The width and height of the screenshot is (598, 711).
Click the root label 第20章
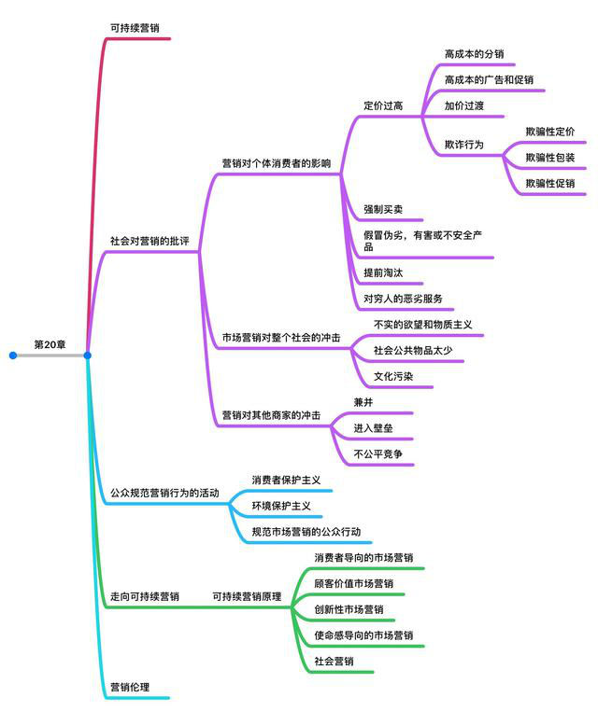tap(50, 344)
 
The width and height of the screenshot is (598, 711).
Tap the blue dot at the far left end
tap(13, 355)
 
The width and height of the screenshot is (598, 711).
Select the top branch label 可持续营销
tap(135, 28)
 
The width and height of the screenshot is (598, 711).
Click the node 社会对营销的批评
tap(149, 241)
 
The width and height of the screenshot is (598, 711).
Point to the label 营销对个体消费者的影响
tap(277, 163)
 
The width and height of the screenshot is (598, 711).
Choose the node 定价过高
tap(383, 105)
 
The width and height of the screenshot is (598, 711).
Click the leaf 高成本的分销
tap(474, 54)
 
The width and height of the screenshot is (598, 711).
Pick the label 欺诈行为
tap(464, 145)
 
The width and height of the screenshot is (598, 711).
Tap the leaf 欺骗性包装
tap(550, 158)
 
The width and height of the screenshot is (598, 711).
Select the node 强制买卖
tap(383, 209)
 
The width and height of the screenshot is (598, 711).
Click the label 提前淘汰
tap(383, 272)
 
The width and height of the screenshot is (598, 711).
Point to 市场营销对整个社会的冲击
tap(281, 338)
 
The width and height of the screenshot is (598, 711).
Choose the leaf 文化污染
tap(393, 376)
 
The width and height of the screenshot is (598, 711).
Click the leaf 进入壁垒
tap(373, 428)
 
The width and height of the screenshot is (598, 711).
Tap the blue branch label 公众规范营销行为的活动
tap(164, 493)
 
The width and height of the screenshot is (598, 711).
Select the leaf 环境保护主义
tap(281, 506)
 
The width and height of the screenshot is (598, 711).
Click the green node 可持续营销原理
tap(247, 596)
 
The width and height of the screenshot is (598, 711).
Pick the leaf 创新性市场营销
tap(349, 609)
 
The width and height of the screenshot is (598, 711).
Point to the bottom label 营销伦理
tap(130, 687)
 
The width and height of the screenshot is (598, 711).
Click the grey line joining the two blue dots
tap(50, 355)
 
